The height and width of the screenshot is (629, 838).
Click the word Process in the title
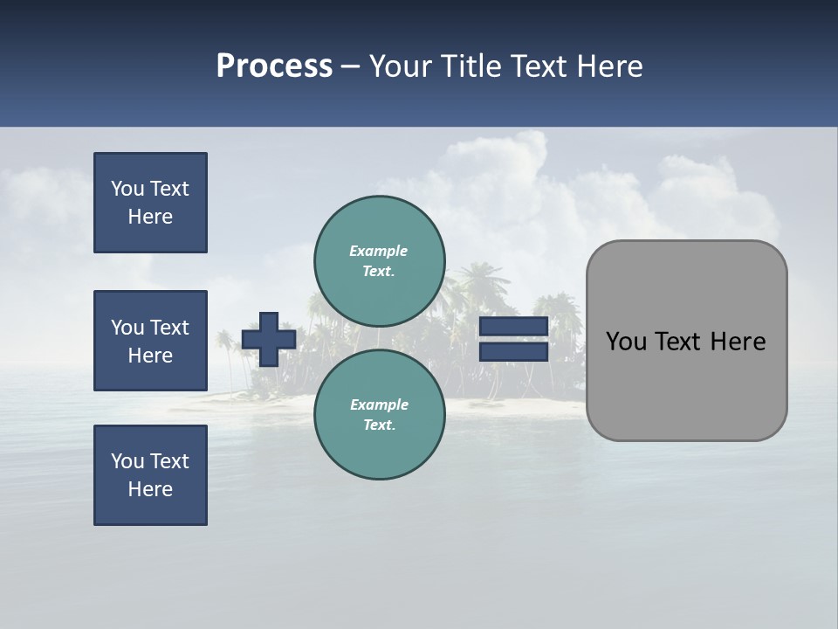point(274,66)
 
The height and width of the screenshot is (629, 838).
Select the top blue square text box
point(150,203)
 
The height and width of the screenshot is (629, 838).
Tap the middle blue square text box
point(150,341)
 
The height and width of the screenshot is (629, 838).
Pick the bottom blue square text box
point(150,475)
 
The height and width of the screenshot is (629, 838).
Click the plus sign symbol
point(269,339)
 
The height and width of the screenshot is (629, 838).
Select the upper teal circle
point(379,261)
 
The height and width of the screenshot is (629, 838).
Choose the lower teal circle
point(379,415)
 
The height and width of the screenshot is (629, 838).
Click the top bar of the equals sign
point(513,326)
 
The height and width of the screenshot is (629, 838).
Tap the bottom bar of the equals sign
point(513,352)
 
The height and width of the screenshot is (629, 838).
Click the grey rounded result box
point(686,384)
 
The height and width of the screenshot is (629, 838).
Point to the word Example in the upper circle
point(379,251)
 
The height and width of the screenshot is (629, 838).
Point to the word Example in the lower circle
point(379,404)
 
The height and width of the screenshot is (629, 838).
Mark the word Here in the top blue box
point(150,217)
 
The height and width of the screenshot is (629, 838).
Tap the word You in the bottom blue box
point(127,461)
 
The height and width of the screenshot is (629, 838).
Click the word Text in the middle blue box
point(169,328)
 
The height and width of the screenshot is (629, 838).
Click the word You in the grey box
point(625,342)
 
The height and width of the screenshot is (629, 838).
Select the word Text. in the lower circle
point(379,425)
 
